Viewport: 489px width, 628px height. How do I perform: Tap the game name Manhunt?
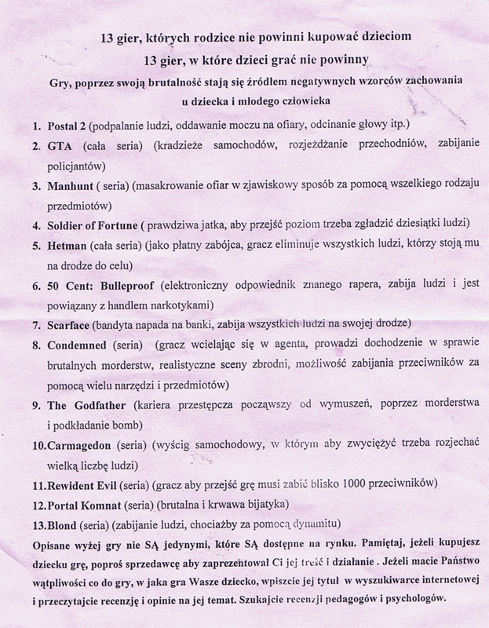click(68, 187)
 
